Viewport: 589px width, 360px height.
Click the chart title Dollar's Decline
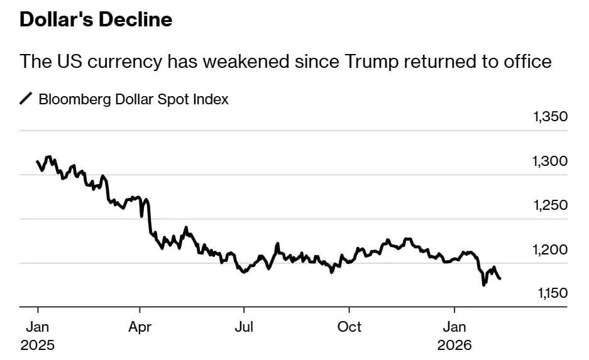tap(96, 19)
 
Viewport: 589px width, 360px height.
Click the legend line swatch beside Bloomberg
tap(26, 99)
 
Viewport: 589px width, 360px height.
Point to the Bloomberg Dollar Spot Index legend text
tap(133, 99)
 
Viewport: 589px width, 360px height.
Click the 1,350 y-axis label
tap(549, 117)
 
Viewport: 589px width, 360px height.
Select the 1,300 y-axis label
tap(549, 161)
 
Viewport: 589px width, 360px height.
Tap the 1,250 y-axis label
tap(549, 205)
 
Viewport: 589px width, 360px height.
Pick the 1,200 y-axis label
tap(549, 250)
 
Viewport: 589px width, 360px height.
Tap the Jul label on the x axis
tap(244, 327)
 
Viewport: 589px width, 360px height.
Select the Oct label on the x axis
tap(349, 327)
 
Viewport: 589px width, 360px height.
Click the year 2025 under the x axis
tap(37, 346)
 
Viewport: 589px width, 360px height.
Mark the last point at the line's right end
tap(500, 278)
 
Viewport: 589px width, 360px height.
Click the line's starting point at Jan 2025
tap(38, 161)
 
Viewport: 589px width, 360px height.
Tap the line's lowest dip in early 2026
tap(483, 285)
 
